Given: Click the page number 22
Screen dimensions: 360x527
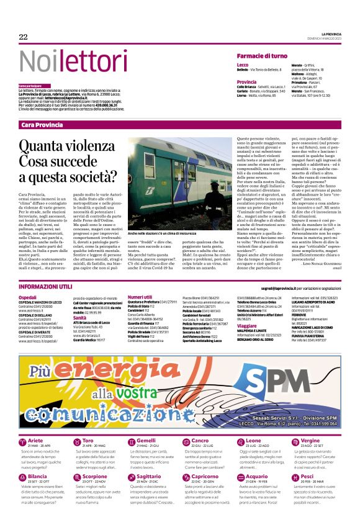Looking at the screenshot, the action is [x=24, y=37].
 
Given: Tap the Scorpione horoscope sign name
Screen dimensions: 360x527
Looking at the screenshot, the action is [x=94, y=476].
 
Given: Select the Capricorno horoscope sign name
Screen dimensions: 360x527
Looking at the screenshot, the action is [x=188, y=476].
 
